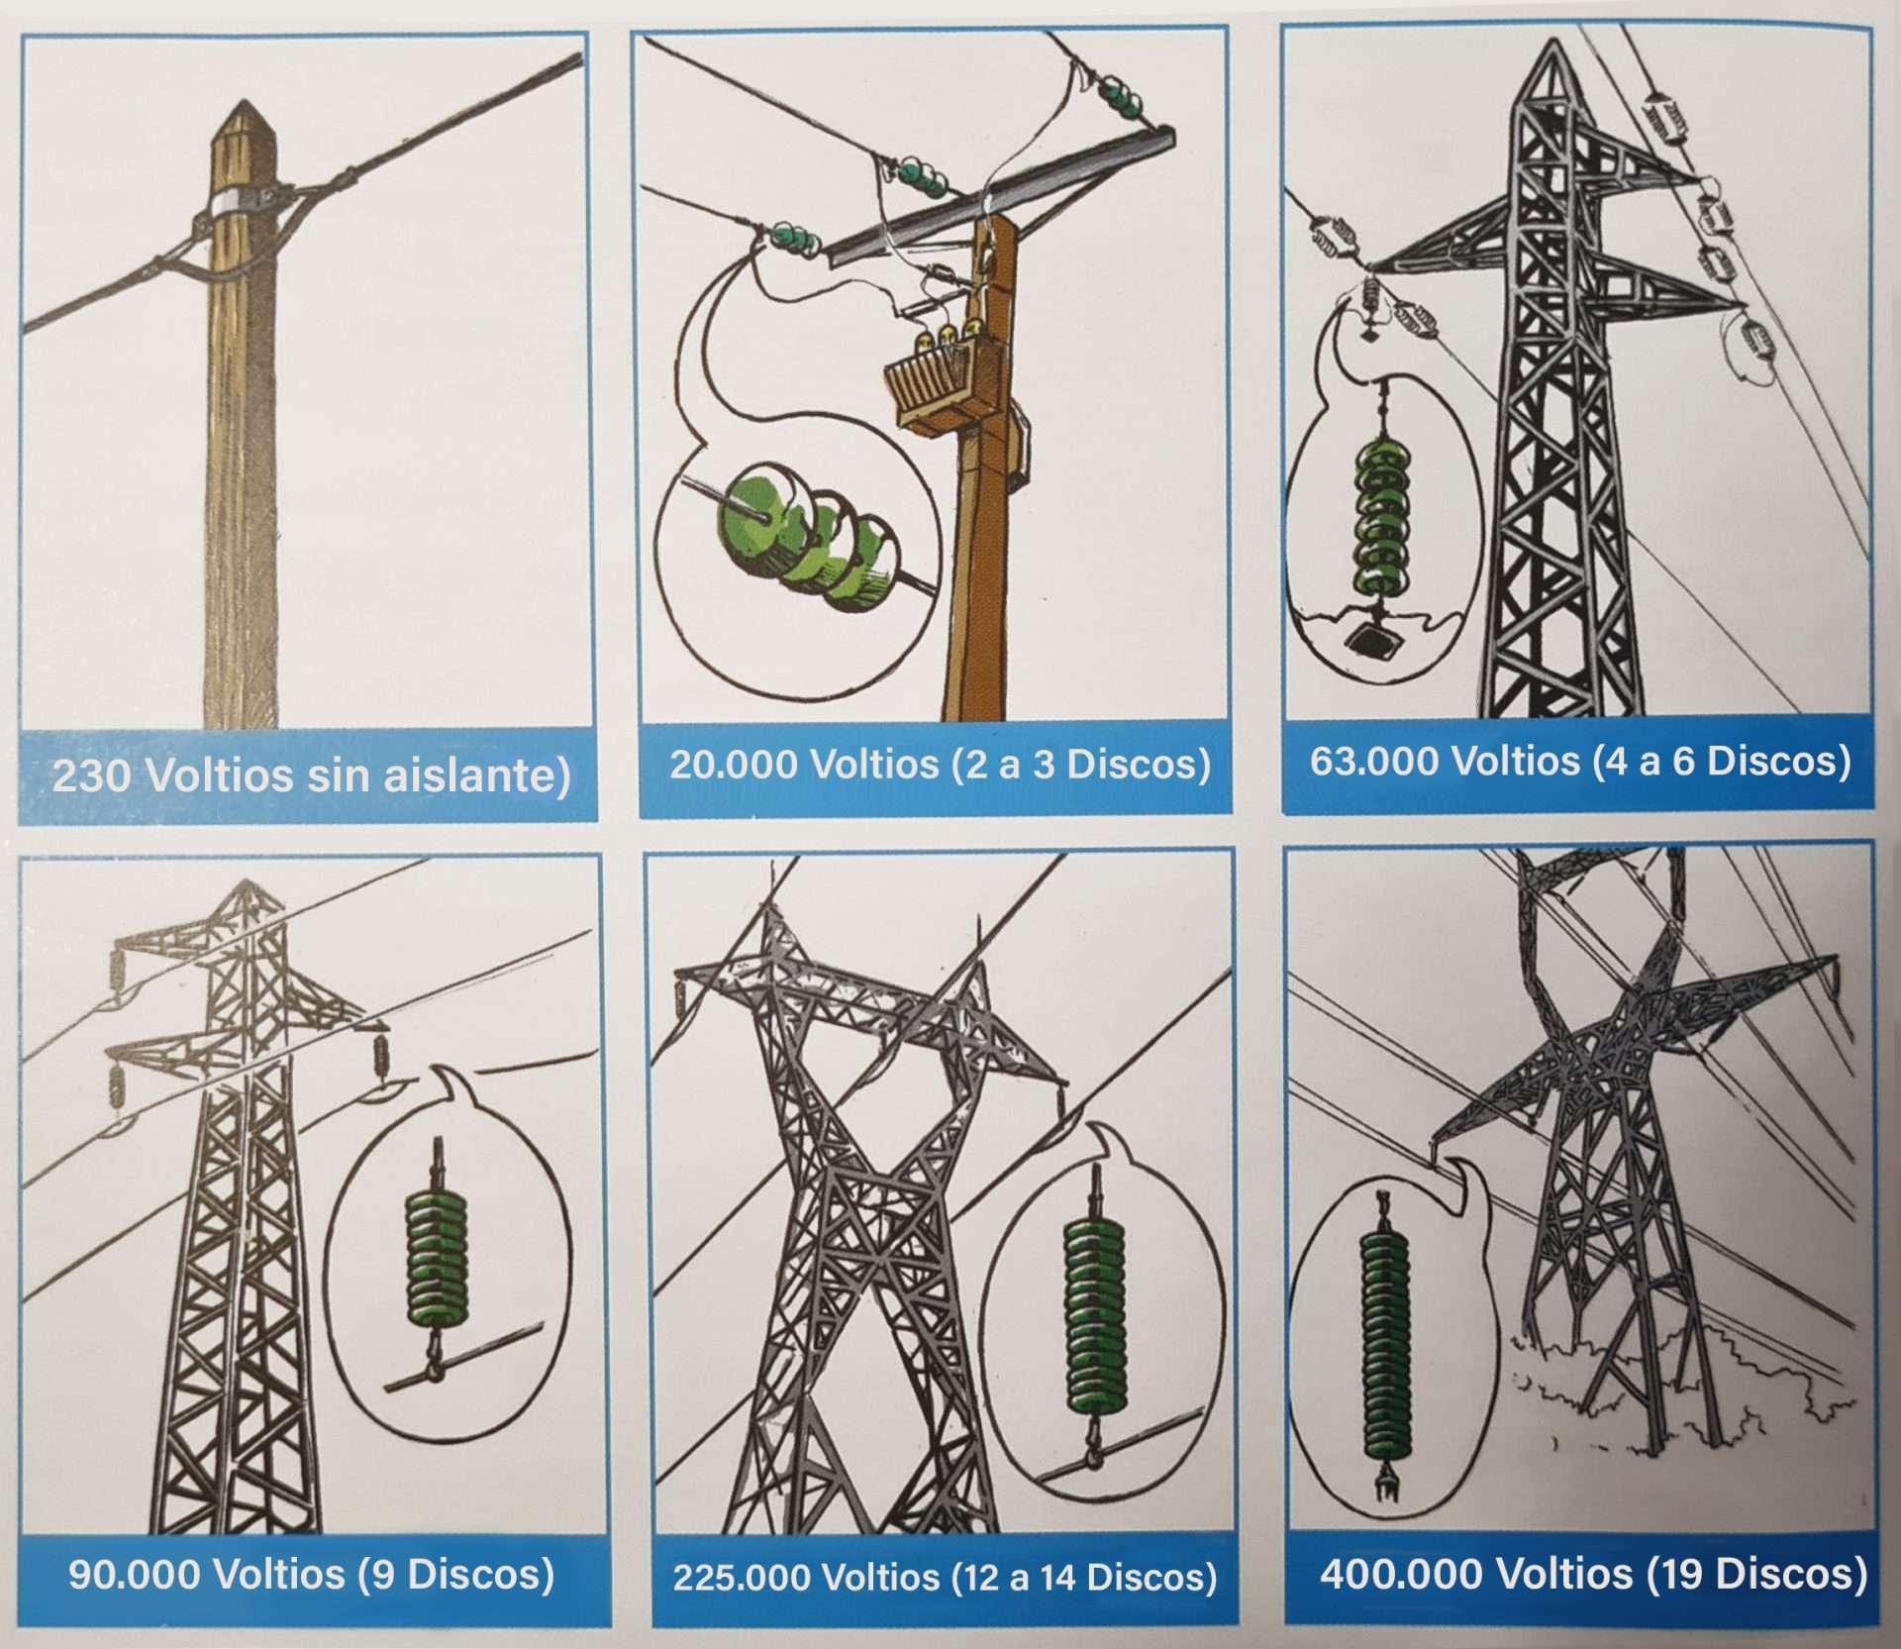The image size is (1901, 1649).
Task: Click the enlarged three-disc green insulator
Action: (x=812, y=541)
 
